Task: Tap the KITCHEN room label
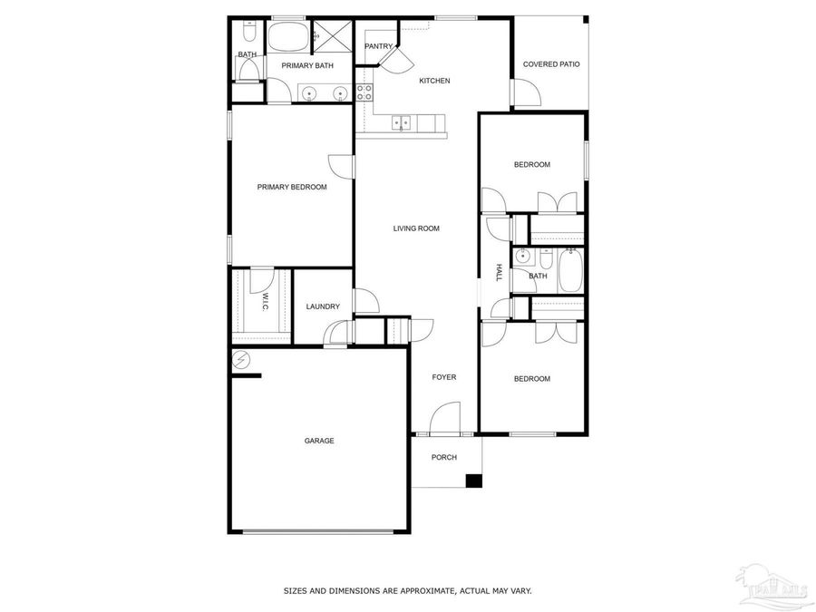(434, 81)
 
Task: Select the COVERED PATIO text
(551, 64)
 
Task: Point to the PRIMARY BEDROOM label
(292, 187)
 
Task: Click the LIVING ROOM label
(416, 228)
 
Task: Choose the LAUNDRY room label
(323, 306)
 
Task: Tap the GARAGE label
(319, 441)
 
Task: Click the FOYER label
(444, 377)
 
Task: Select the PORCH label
(444, 457)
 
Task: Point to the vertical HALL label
(499, 272)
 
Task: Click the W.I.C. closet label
(265, 303)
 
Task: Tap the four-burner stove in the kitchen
(364, 92)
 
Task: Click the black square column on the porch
(473, 481)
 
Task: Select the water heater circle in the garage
(240, 360)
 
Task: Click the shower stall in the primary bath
(333, 38)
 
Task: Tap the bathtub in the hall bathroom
(570, 270)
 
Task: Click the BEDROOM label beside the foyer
(532, 379)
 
